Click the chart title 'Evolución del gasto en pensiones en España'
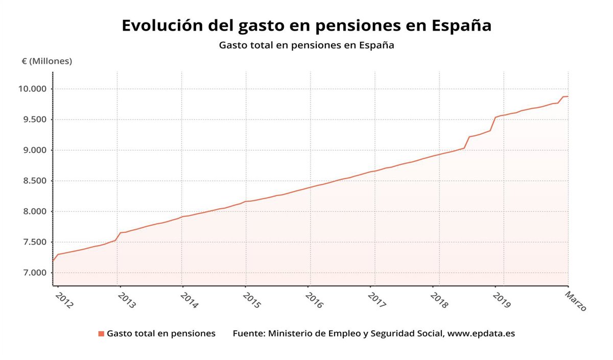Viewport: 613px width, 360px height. (306, 26)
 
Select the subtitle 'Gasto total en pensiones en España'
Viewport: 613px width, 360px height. (306, 45)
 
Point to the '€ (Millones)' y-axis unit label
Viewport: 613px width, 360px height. (47, 61)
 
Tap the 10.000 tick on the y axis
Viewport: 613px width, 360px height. (32, 89)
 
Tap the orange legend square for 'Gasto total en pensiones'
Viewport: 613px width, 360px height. (101, 334)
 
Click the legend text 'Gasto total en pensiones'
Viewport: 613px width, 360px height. (161, 334)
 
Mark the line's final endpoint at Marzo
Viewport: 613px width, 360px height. (568, 97)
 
